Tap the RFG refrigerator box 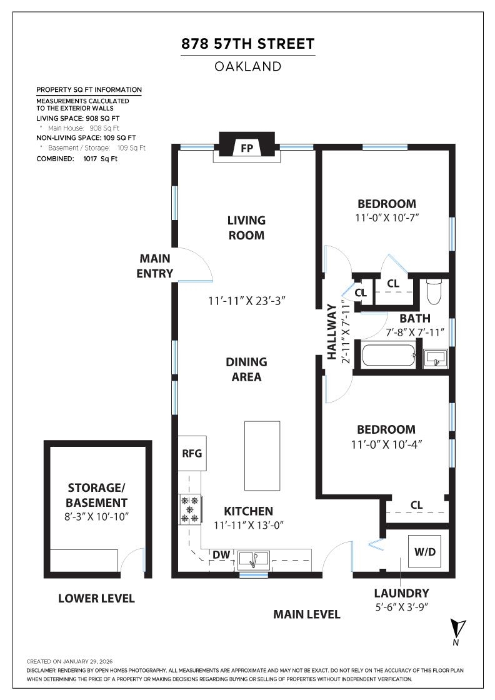tap(192, 453)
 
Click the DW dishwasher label tap(221, 555)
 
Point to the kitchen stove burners tap(189, 509)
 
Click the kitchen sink tap(253, 558)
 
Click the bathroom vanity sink tap(435, 358)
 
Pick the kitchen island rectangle tap(262, 456)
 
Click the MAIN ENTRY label tap(155, 266)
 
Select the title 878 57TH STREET tap(247, 44)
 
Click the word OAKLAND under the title tap(247, 66)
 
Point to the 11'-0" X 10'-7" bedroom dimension tap(386, 218)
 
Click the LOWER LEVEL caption tap(96, 598)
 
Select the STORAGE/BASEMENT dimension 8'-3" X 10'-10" tap(97, 517)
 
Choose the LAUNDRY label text tap(401, 593)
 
